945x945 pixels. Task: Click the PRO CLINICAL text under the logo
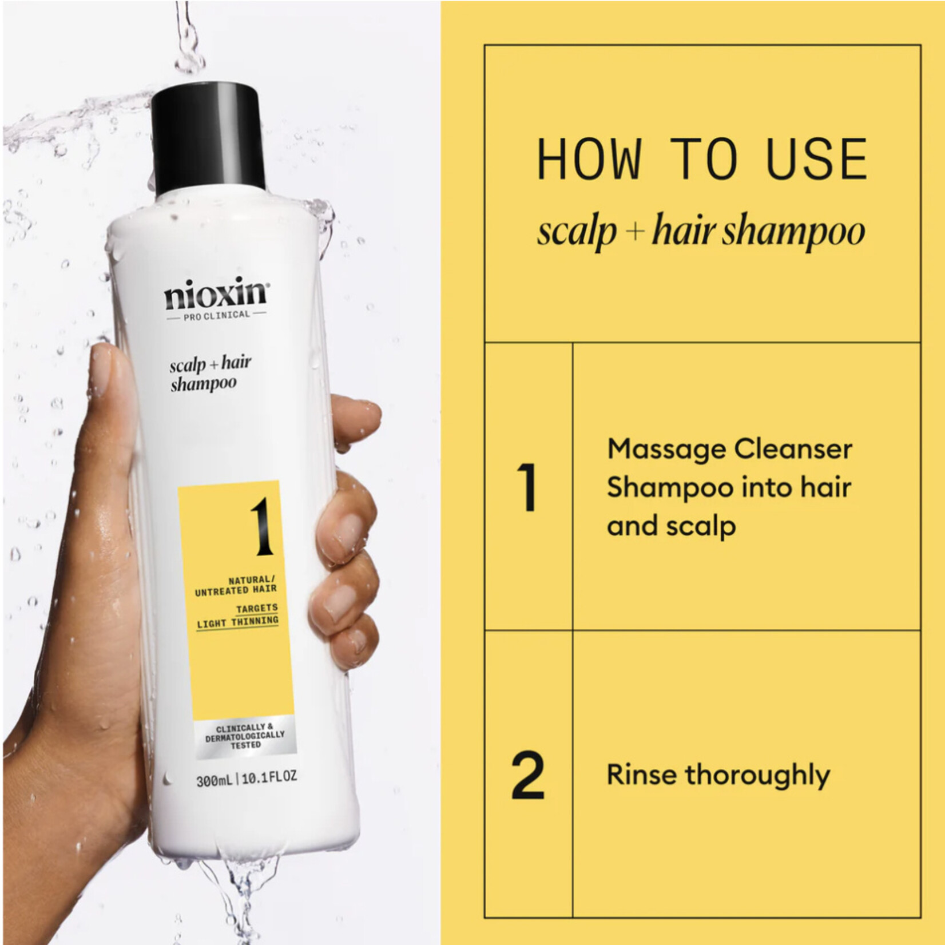coord(216,315)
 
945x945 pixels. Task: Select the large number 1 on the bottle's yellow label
coord(262,527)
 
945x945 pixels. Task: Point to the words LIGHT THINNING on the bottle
coord(237,622)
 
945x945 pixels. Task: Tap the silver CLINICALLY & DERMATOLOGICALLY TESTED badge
coord(245,737)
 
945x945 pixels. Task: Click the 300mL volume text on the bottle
coord(214,779)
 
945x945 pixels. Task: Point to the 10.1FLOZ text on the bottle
coord(269,778)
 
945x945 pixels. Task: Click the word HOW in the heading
coord(589,160)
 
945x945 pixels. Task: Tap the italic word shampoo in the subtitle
coord(793,232)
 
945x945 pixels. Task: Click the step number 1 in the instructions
coord(527,487)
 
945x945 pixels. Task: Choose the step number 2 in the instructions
coord(527,776)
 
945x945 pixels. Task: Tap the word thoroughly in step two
coord(758,776)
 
